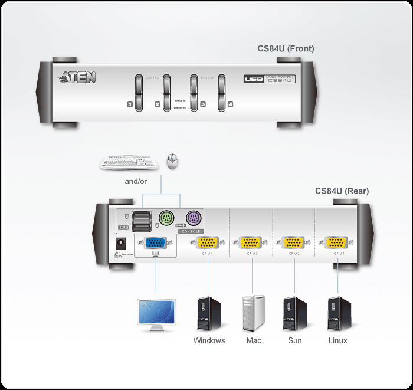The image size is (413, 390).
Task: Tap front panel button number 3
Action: point(194,93)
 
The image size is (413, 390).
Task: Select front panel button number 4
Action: point(222,93)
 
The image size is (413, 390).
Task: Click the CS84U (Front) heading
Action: point(286,49)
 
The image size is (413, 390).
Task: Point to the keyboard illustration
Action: point(129,162)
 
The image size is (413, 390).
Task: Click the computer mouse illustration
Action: point(172,160)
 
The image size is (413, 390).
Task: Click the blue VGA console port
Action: point(155,242)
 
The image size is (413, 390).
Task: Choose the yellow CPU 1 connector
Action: point(336,242)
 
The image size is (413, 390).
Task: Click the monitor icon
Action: point(156,314)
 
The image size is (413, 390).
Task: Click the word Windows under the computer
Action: point(209,340)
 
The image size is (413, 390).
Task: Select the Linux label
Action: point(338,340)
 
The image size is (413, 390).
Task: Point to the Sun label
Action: point(294,340)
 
